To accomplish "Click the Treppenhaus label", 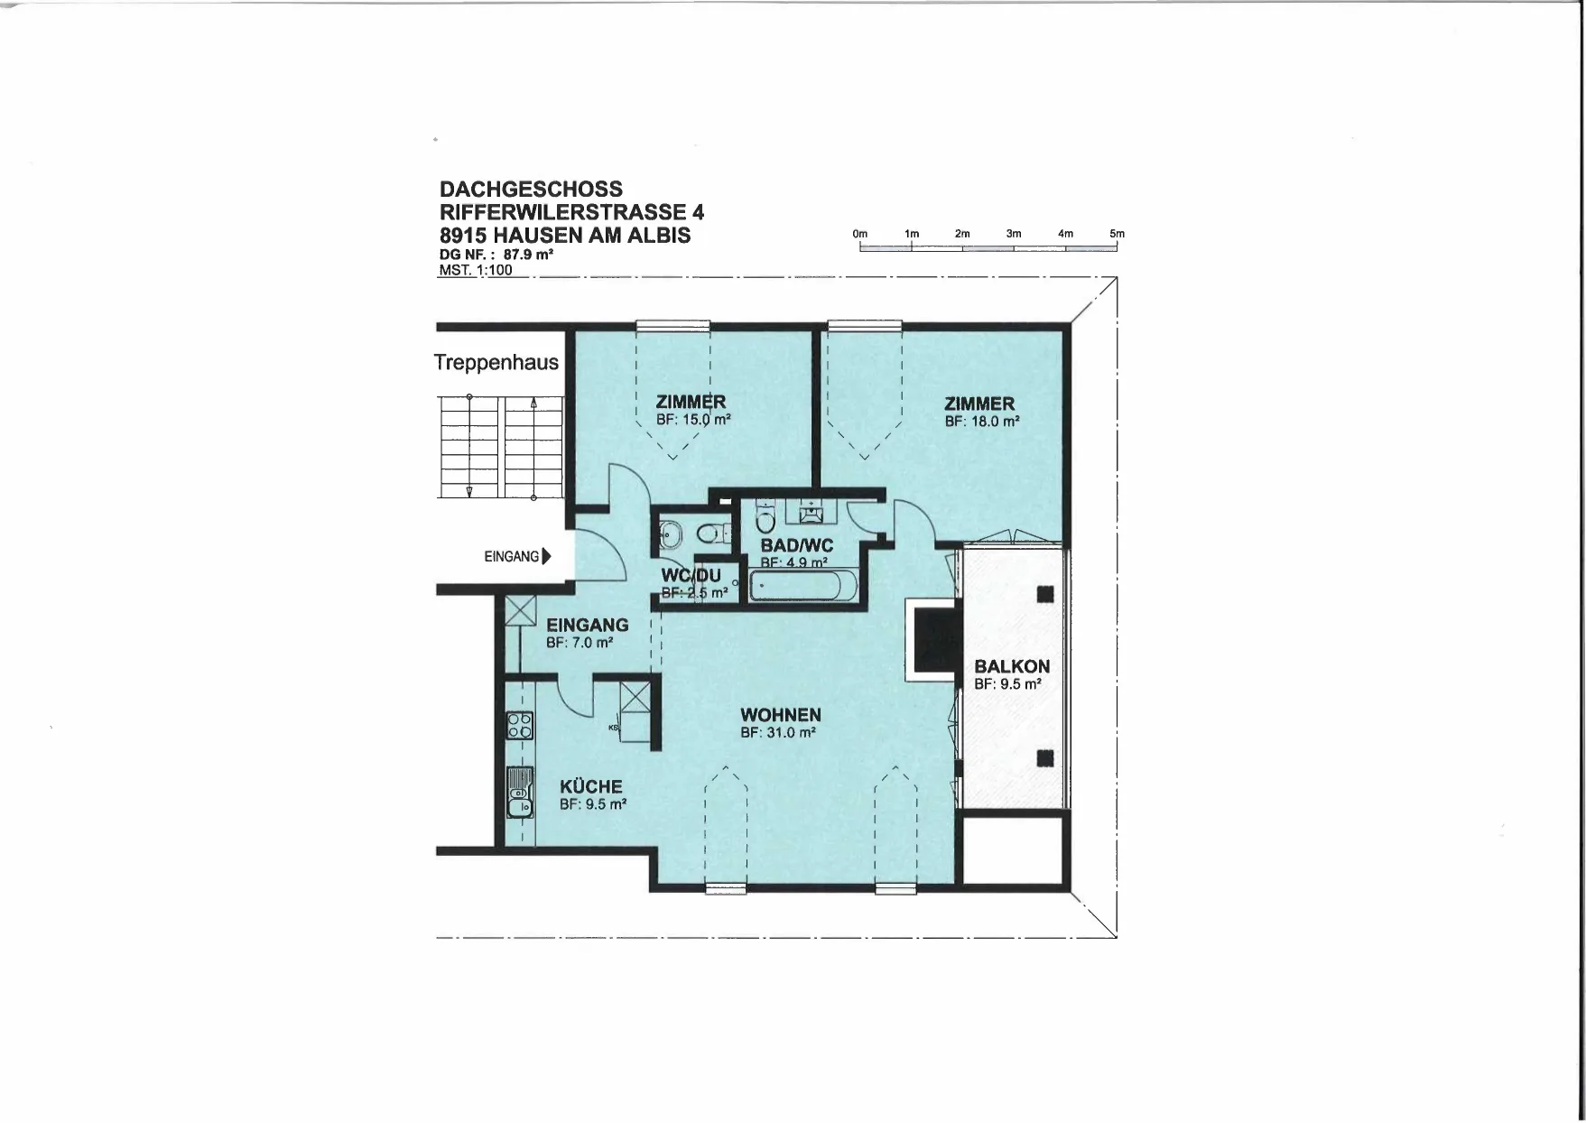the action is pos(496,363).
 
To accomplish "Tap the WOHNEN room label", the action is pos(781,716).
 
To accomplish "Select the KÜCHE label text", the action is pos(591,787).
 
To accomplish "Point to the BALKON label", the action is pos(1012,667).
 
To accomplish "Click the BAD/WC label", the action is pos(797,546).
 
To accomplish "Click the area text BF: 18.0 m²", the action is pos(982,422).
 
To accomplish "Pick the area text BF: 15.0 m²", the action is pos(693,420).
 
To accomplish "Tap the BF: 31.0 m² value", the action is pos(778,733).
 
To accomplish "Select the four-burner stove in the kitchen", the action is pos(520,726).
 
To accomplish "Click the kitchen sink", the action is pos(520,792).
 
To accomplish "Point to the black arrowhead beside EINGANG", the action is pos(546,557).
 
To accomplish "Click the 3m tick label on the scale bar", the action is pos(1014,234).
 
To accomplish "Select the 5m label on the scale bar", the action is pos(1118,234).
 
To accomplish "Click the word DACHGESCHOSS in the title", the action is pos(531,190).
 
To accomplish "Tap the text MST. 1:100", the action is pos(476,270).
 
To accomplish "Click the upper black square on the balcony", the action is pos(1045,594).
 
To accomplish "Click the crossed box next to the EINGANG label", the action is pos(521,610).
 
